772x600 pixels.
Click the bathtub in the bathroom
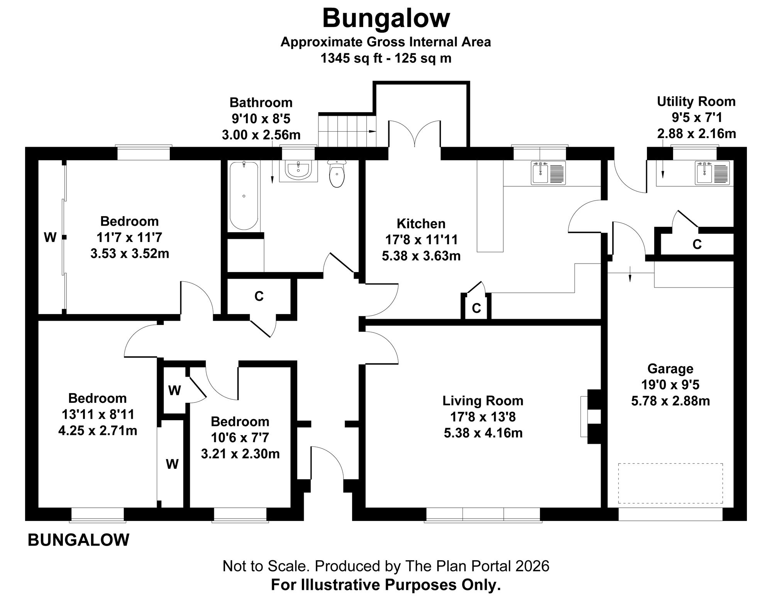[244, 196]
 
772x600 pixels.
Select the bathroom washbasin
[298, 171]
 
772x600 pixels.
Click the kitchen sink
[549, 173]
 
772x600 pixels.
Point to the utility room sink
[712, 173]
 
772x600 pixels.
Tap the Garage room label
[670, 368]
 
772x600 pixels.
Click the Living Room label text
[483, 401]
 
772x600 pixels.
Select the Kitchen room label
[421, 223]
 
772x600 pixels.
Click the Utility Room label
[696, 101]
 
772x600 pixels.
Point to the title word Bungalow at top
[386, 18]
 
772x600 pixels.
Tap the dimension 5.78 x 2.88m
[670, 401]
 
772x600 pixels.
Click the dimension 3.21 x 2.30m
[240, 454]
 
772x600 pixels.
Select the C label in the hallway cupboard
[259, 296]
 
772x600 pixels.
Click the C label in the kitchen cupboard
[476, 308]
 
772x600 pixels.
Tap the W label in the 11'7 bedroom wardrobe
[50, 237]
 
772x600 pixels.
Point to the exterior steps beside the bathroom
[347, 130]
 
